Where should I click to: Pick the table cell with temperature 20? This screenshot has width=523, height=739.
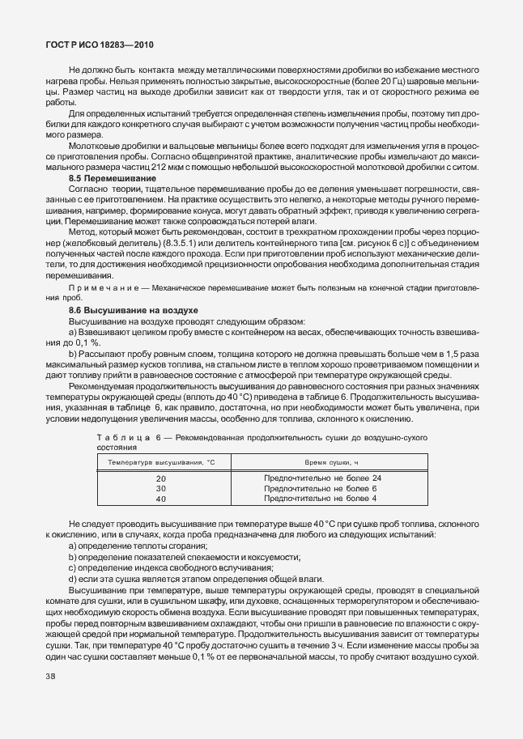(x=160, y=478)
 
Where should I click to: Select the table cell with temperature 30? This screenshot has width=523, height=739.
(x=160, y=488)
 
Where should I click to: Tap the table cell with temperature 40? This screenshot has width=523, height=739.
(x=160, y=499)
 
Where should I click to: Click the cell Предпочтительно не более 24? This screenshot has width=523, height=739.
(x=322, y=478)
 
